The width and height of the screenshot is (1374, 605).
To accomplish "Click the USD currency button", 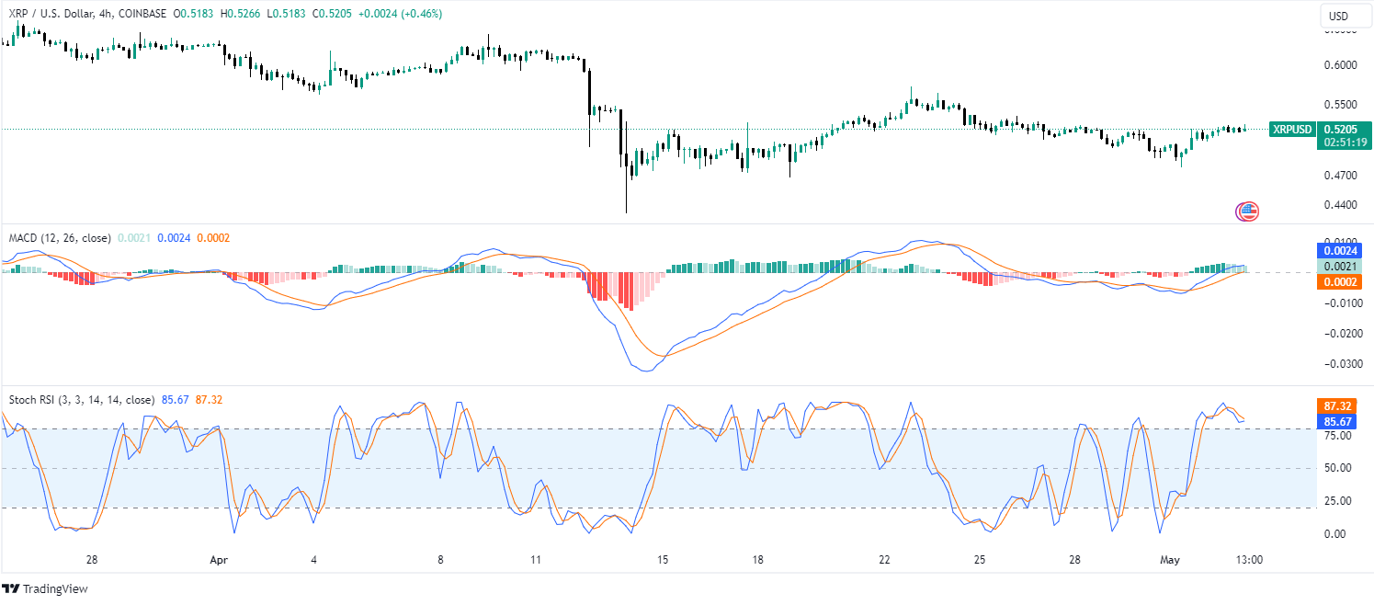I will (1339, 17).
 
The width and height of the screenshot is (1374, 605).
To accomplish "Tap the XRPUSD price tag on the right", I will (1291, 130).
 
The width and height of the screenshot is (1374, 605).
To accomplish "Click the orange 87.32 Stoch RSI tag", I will (1337, 405).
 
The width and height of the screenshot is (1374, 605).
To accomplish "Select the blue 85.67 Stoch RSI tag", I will (1337, 422).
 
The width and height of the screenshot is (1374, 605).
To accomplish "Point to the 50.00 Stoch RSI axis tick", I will (1336, 468).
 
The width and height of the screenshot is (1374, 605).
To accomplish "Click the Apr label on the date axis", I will (218, 559).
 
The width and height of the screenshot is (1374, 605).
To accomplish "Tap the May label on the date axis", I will (1169, 559).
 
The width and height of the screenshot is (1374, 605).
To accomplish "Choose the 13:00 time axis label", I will (1249, 559).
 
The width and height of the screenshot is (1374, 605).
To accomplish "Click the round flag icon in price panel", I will (1247, 211).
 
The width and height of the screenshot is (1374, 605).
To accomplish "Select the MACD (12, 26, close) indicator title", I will (60, 238).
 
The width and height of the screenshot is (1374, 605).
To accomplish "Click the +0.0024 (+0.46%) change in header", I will (406, 15).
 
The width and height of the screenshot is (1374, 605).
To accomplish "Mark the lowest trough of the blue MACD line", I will (646, 371).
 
